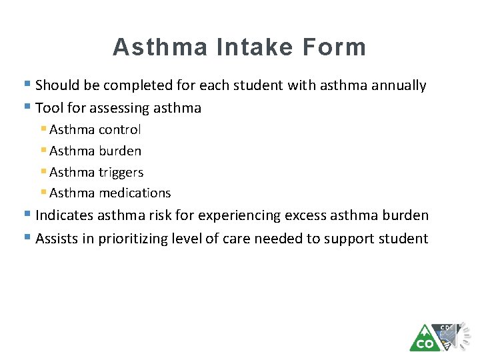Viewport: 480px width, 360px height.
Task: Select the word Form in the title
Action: click(x=335, y=47)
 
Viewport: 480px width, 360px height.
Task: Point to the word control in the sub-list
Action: click(x=120, y=130)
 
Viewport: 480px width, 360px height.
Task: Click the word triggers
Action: click(x=121, y=173)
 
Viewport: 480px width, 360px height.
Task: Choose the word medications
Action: click(x=135, y=193)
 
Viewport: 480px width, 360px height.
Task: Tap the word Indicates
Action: click(x=65, y=215)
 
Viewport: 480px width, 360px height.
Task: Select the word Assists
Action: click(x=57, y=239)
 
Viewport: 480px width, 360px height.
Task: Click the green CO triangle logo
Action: click(x=424, y=339)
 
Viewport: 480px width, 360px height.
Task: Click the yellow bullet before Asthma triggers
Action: click(x=43, y=171)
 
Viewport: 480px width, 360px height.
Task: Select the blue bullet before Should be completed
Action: click(x=27, y=85)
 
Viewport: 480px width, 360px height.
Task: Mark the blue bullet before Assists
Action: click(x=27, y=237)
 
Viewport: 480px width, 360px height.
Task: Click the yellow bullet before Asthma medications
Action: click(x=43, y=193)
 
